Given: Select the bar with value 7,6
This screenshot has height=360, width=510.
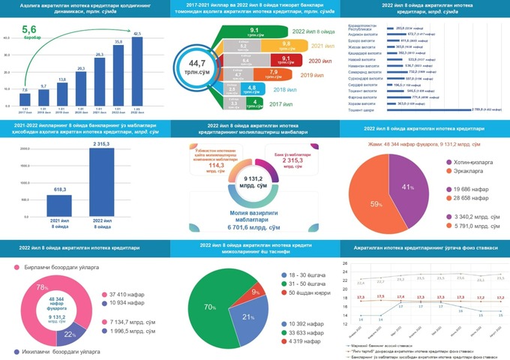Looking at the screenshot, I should click(25, 101).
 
